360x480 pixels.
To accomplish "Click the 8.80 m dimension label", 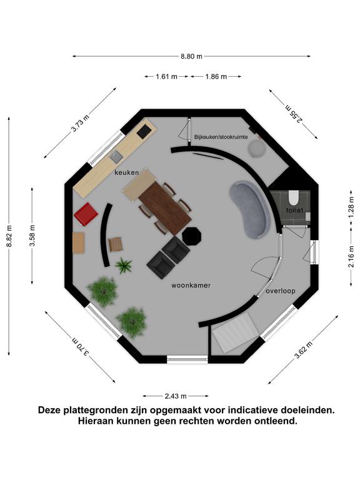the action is [191, 56].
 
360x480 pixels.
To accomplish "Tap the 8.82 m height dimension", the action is [9, 236].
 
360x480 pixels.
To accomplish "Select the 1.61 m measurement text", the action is [166, 76].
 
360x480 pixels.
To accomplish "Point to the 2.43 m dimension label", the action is [176, 396].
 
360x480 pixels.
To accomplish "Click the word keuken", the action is [127, 172].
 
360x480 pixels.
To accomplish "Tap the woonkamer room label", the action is [191, 286].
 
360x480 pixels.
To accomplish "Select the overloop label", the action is [281, 291].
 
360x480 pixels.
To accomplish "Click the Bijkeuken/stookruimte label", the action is [221, 137].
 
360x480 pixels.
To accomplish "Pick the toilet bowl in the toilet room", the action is [294, 197].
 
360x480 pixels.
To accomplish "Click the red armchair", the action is [86, 214].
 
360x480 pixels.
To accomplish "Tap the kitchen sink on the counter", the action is [116, 157].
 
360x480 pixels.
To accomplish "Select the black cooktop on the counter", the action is [144, 132].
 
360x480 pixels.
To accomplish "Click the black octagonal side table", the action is [192, 236].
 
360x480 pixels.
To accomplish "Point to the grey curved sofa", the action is [251, 210].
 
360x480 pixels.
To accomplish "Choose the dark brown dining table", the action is [165, 208].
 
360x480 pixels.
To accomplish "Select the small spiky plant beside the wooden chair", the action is [123, 266].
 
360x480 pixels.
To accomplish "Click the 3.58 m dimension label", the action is [32, 236].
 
